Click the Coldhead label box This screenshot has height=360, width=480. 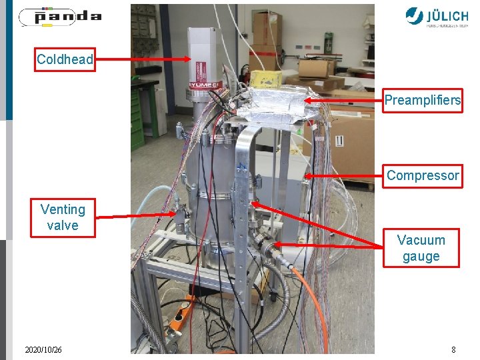click(x=65, y=59)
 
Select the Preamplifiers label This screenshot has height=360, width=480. click(x=422, y=101)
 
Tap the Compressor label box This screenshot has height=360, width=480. click(x=422, y=176)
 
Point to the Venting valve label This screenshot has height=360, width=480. click(x=63, y=217)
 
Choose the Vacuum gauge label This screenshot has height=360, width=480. click(x=421, y=248)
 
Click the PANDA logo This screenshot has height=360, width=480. click(x=60, y=17)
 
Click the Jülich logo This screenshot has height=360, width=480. click(x=440, y=16)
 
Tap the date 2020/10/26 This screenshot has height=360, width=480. click(x=43, y=349)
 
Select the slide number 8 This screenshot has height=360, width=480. click(x=453, y=349)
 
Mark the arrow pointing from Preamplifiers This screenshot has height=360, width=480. click(x=343, y=101)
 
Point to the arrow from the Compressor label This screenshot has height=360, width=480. click(x=343, y=176)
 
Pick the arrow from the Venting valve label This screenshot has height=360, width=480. click(x=137, y=215)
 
